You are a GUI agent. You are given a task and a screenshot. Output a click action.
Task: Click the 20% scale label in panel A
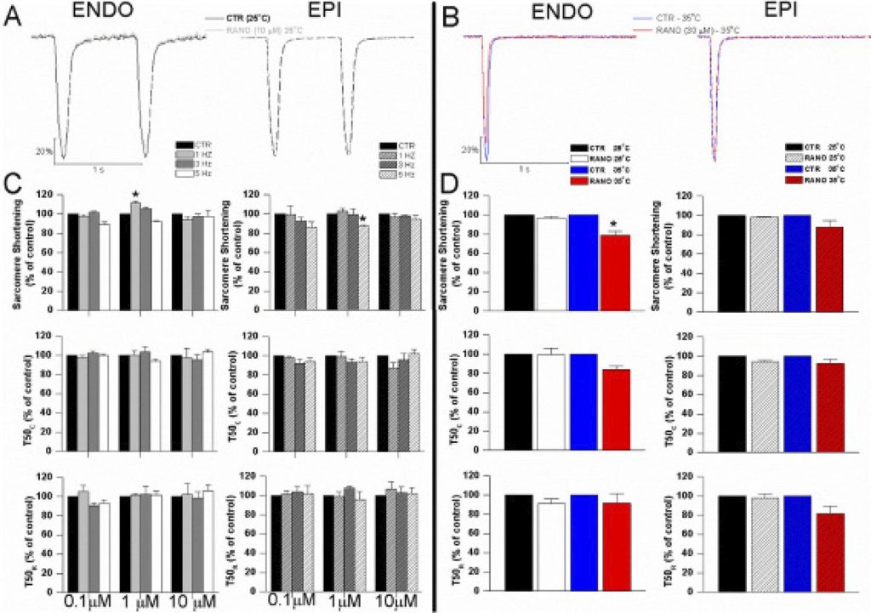tap(43, 151)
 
